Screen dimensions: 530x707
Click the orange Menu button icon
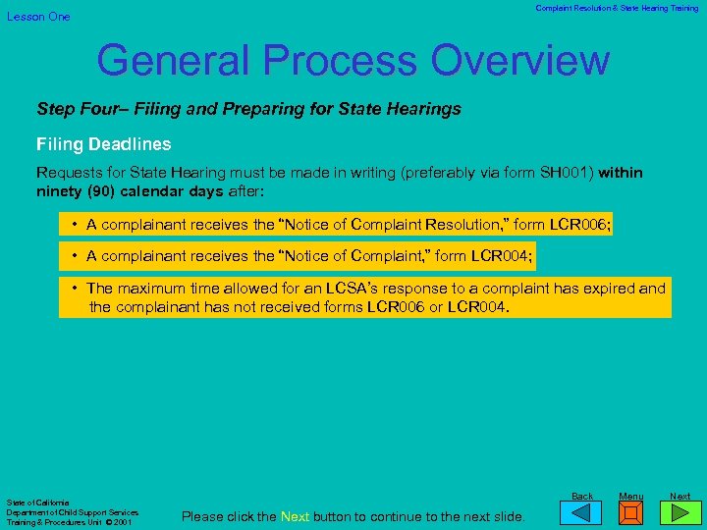pyautogui.click(x=631, y=514)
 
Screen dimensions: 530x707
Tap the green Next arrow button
pyautogui.click(x=680, y=514)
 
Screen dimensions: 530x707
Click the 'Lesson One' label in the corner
pyautogui.click(x=39, y=17)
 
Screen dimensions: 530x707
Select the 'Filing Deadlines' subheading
pyautogui.click(x=104, y=144)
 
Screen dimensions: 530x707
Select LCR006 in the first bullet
pyautogui.click(x=579, y=225)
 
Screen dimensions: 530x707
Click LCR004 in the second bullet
pyautogui.click(x=501, y=256)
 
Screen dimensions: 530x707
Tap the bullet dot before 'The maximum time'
pyautogui.click(x=75, y=289)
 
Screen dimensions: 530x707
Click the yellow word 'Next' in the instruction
pyautogui.click(x=296, y=516)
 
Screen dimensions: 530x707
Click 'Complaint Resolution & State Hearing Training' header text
pyautogui.click(x=617, y=8)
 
